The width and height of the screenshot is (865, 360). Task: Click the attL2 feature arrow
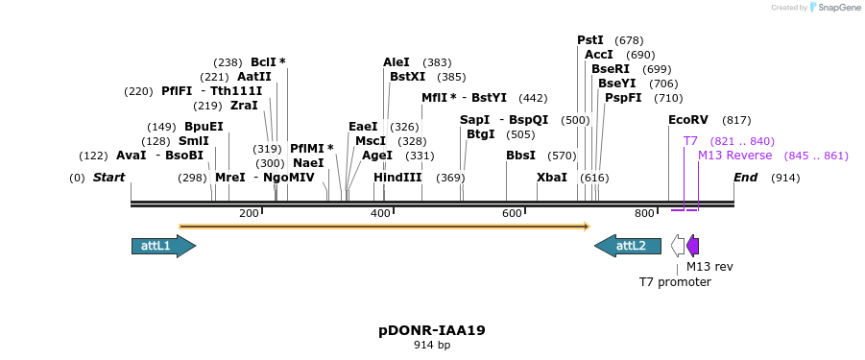(x=628, y=246)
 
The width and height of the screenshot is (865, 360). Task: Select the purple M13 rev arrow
(x=693, y=246)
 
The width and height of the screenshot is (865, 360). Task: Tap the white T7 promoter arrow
(x=678, y=246)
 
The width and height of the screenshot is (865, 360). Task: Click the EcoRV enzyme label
(x=688, y=120)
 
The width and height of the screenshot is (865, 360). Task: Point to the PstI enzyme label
(x=590, y=40)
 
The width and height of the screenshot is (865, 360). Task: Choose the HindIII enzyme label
(x=397, y=178)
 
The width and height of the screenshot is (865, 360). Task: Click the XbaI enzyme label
(x=552, y=178)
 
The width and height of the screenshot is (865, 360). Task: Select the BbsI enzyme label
(x=520, y=156)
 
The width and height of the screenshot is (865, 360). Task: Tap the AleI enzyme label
(x=396, y=62)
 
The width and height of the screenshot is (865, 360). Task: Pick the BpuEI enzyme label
(x=204, y=127)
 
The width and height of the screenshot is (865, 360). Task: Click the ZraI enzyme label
(x=244, y=106)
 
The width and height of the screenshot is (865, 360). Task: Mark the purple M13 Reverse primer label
(x=734, y=156)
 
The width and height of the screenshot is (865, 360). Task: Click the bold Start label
(x=109, y=178)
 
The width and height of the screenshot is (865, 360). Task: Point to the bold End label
(x=746, y=178)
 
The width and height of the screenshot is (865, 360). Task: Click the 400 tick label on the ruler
(x=380, y=213)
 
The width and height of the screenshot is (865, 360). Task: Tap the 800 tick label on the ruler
(x=643, y=213)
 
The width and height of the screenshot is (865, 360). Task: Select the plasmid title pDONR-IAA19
(x=432, y=330)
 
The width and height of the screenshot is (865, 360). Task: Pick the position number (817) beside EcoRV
(x=736, y=120)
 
